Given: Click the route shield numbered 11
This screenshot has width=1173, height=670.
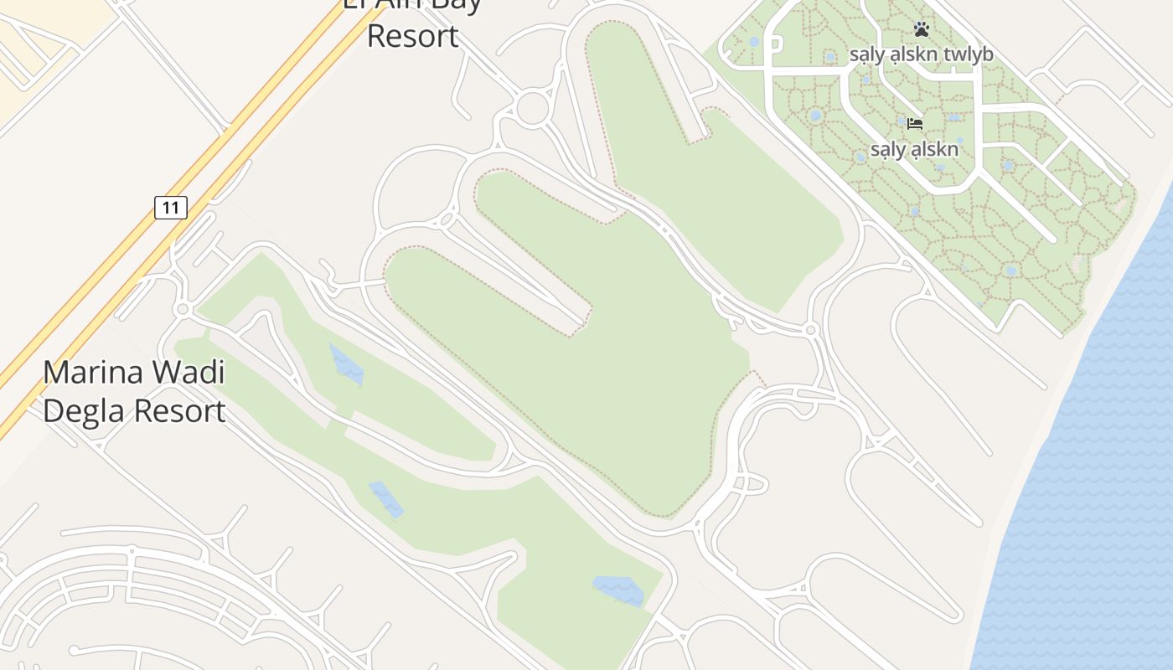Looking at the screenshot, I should [170, 207].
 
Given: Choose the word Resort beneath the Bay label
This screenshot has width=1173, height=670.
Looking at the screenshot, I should [413, 36].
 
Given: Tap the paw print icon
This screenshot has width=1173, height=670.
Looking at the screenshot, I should [922, 30].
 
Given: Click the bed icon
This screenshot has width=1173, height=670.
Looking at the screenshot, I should [915, 124].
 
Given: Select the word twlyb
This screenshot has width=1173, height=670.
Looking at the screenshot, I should [968, 55].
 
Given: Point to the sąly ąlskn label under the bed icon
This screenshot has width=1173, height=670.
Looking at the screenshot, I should [914, 150].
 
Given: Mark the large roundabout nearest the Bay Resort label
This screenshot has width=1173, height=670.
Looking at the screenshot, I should [533, 108].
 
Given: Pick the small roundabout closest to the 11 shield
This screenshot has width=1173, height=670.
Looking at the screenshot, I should [183, 310].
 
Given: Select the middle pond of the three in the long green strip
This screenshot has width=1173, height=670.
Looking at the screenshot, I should [386, 499].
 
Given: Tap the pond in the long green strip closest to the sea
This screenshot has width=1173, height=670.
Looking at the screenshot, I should [618, 590].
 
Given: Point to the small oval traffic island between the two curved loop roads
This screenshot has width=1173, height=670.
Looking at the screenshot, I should [447, 219].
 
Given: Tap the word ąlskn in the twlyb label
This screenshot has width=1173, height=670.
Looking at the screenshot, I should [916, 55].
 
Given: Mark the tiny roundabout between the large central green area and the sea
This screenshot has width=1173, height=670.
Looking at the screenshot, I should [810, 331].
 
